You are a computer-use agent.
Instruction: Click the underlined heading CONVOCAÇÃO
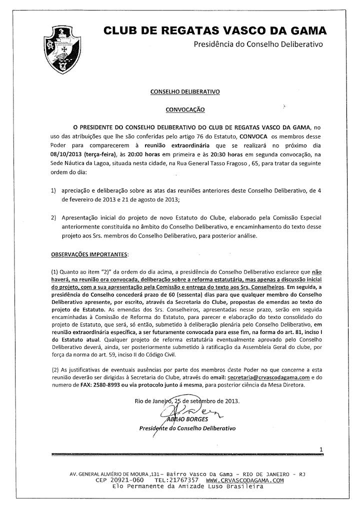click(x=185, y=109)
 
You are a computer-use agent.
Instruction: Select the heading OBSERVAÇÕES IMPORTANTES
click(x=89, y=254)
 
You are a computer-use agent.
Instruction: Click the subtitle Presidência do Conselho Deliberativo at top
click(x=258, y=44)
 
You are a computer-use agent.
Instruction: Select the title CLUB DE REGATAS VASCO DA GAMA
click(x=215, y=31)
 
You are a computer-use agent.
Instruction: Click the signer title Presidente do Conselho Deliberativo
click(x=187, y=428)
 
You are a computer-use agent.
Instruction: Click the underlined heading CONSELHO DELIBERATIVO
click(x=185, y=92)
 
